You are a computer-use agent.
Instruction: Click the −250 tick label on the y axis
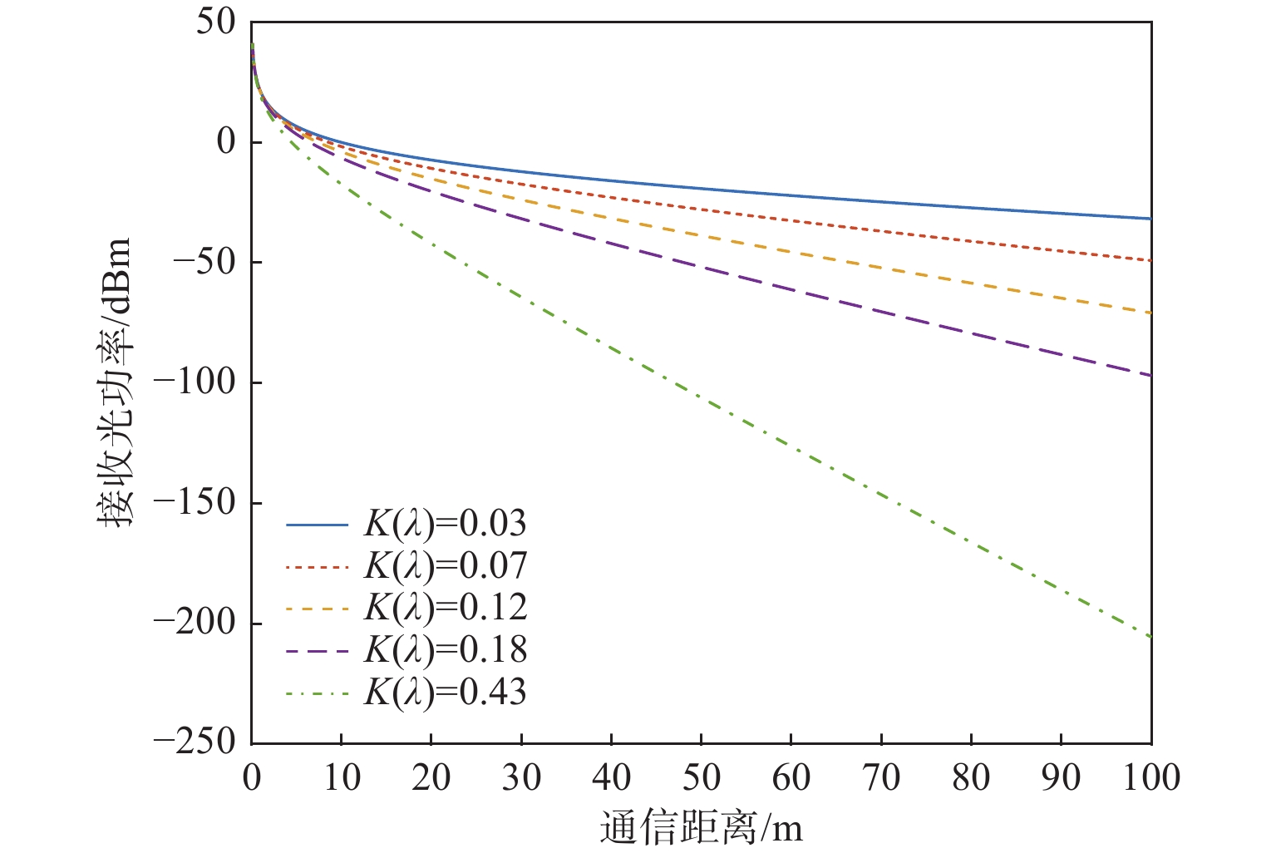(x=195, y=742)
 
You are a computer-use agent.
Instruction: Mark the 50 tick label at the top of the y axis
(x=217, y=22)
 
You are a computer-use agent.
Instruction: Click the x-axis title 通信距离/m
(x=701, y=828)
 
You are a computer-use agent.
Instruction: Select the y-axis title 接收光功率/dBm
(x=115, y=382)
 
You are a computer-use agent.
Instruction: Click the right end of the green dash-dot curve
(x=1150, y=637)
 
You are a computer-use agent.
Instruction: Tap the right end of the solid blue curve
(x=1150, y=219)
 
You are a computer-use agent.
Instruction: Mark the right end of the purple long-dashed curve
(x=1150, y=375)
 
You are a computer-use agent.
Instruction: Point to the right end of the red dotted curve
(x=1150, y=260)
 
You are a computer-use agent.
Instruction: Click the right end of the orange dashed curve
(x=1150, y=313)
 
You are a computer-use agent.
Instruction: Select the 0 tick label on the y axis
(x=227, y=142)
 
